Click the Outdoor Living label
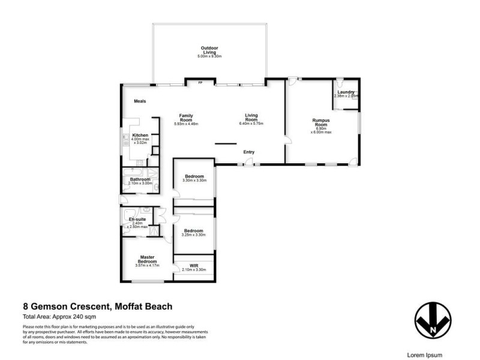(x=209, y=50)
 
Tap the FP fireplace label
(x=200, y=83)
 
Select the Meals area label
(x=140, y=101)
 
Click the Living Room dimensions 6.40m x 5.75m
(x=251, y=124)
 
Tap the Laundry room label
(x=346, y=92)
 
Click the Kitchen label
(x=140, y=136)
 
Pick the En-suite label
(x=137, y=220)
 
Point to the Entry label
(x=249, y=152)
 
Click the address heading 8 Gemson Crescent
(x=97, y=307)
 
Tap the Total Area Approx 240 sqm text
(x=59, y=316)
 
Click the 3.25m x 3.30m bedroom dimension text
(x=193, y=235)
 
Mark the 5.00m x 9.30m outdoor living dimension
(x=209, y=56)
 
